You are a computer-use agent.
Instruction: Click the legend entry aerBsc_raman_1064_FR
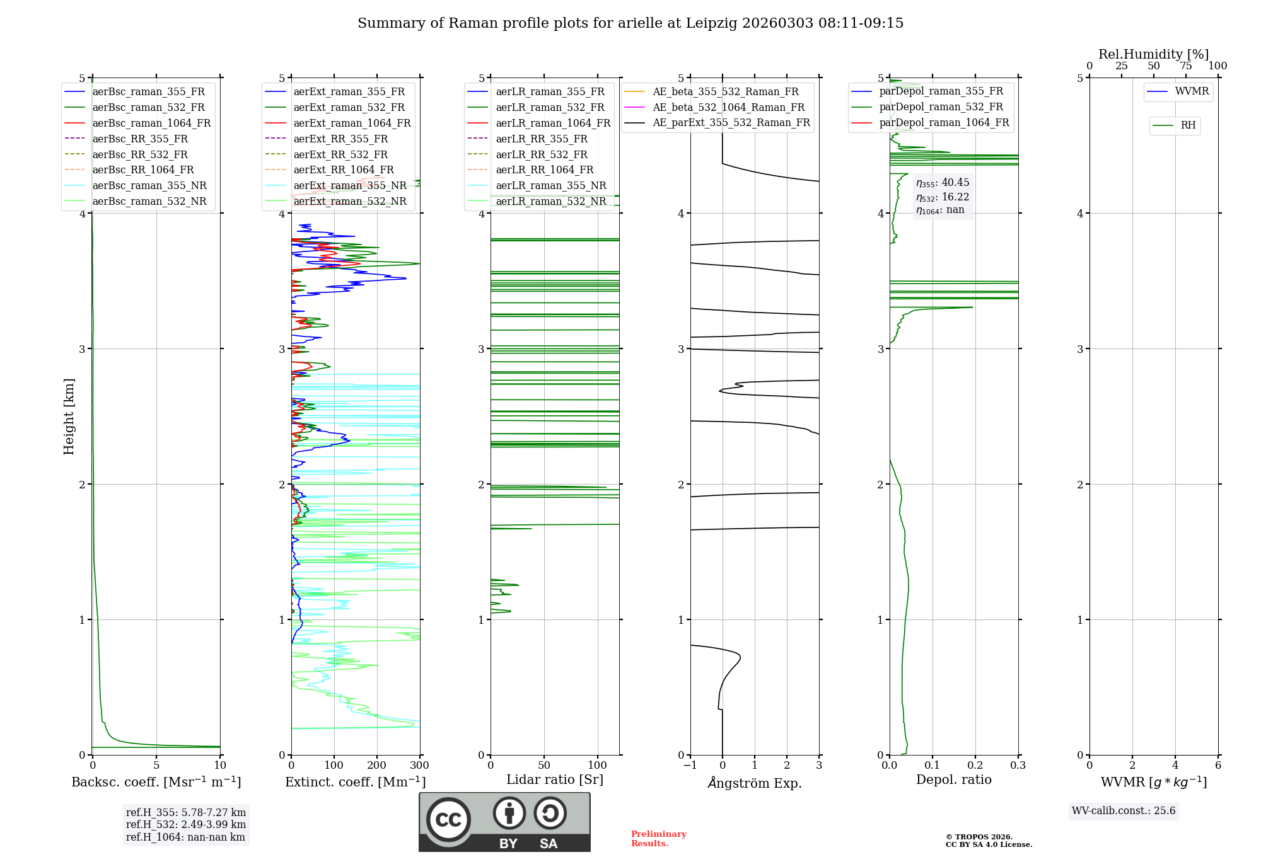point(151,124)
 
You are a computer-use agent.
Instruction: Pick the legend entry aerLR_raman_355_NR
point(550,185)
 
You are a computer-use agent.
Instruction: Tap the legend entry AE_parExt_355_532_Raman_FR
point(731,122)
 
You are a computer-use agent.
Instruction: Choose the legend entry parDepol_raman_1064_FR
point(944,122)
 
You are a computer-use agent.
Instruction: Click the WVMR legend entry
point(1192,91)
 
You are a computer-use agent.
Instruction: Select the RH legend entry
point(1188,125)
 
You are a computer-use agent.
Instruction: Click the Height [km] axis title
point(69,417)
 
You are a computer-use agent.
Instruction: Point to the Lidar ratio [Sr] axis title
point(555,779)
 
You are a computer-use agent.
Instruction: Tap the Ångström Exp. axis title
point(755,783)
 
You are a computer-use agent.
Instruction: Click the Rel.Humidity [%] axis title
point(1153,54)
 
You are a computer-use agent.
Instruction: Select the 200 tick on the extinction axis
point(377,766)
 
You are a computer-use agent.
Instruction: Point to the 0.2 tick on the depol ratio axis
point(975,766)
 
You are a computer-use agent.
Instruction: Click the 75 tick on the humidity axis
point(1186,66)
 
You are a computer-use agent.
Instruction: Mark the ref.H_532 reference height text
point(185,824)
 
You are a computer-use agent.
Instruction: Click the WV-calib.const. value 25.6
point(1165,811)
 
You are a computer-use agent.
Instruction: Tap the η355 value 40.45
point(955,183)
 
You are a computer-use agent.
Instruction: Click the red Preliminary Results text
point(658,839)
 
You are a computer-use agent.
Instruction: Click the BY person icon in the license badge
point(509,814)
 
